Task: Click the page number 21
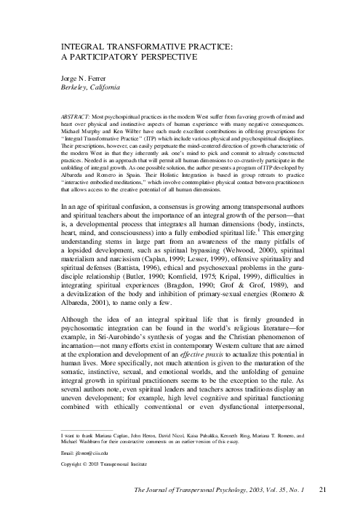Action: [x=325, y=511]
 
